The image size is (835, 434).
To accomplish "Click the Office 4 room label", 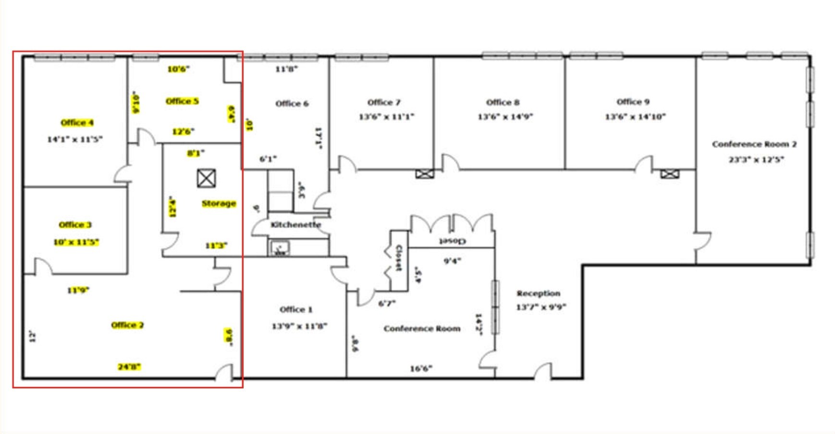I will (x=77, y=123).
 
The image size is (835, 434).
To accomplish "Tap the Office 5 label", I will (x=182, y=101).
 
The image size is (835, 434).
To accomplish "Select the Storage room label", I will (x=219, y=204).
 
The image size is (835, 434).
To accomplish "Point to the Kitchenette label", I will (x=295, y=225).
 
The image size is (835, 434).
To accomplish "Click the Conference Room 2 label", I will (x=754, y=145).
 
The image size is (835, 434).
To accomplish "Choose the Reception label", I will (x=539, y=293).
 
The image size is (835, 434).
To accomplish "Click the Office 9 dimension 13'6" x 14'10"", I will (x=635, y=117).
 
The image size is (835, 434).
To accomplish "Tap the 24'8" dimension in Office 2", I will (x=129, y=367).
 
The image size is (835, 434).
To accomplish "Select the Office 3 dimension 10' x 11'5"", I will (x=76, y=242).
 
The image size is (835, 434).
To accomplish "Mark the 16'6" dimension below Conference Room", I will (x=421, y=369).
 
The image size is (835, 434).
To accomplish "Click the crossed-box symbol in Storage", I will (x=206, y=179).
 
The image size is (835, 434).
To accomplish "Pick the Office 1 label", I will (x=296, y=310).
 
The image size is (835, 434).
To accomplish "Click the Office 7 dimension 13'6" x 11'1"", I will (x=386, y=117).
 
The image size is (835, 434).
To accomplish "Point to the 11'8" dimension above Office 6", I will (x=286, y=69).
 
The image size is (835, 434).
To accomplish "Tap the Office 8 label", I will (x=503, y=102).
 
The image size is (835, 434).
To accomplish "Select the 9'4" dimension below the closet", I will (x=452, y=261).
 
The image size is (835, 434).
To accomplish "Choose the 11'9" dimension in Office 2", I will (x=78, y=290).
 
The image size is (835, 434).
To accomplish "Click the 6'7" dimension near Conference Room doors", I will (x=387, y=303).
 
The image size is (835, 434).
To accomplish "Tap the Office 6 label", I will (x=292, y=104).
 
